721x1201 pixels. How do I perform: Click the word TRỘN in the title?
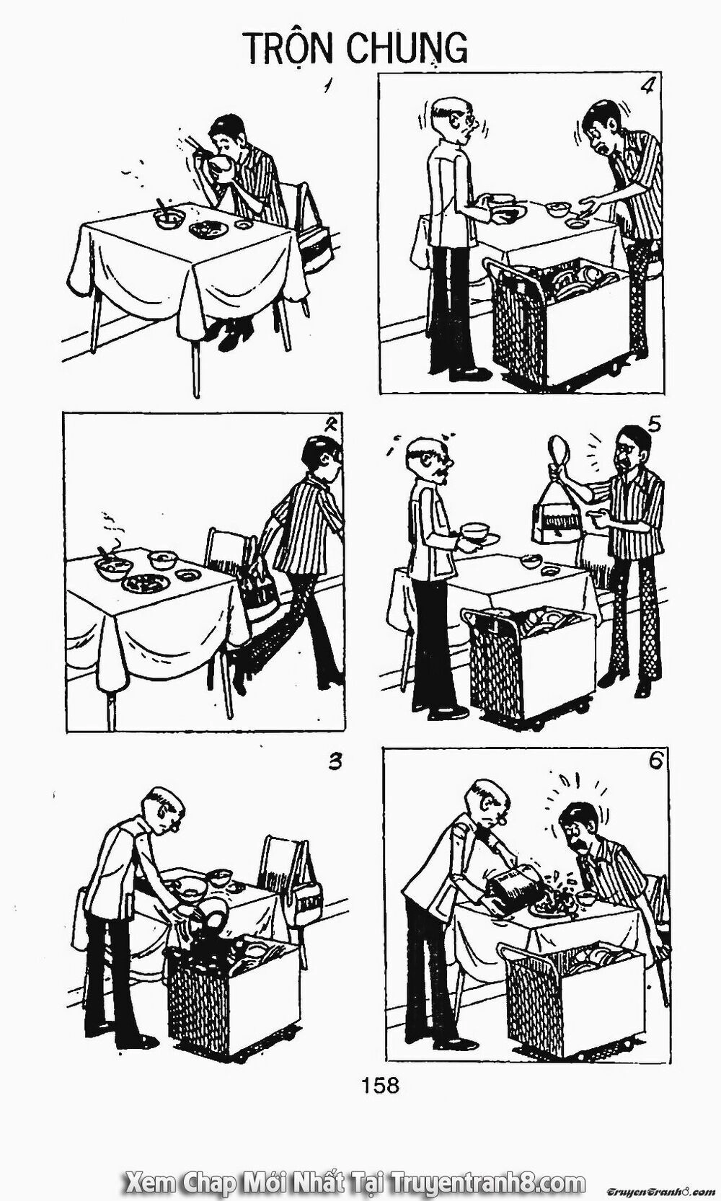(x=290, y=48)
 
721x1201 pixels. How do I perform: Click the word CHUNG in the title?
(x=407, y=48)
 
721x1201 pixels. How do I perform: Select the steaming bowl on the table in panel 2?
(x=112, y=566)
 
